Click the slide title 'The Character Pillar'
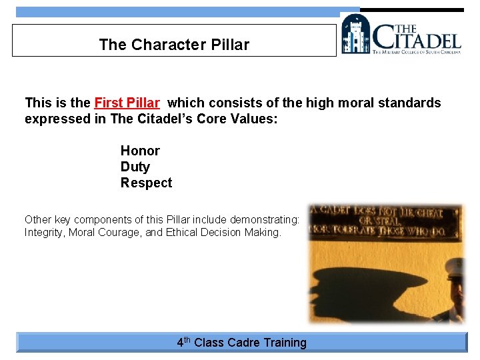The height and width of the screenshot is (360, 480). click(174, 45)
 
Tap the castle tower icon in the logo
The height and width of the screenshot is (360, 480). click(355, 34)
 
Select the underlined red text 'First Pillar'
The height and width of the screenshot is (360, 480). click(127, 103)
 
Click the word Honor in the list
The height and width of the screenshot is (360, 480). click(140, 151)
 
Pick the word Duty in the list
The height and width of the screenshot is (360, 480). click(135, 167)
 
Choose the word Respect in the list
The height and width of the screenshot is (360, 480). click(146, 183)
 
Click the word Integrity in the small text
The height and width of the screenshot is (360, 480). click(44, 233)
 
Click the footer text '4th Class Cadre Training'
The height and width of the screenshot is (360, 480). click(241, 343)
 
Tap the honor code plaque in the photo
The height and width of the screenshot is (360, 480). click(385, 221)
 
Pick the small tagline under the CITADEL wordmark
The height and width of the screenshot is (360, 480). click(416, 51)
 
